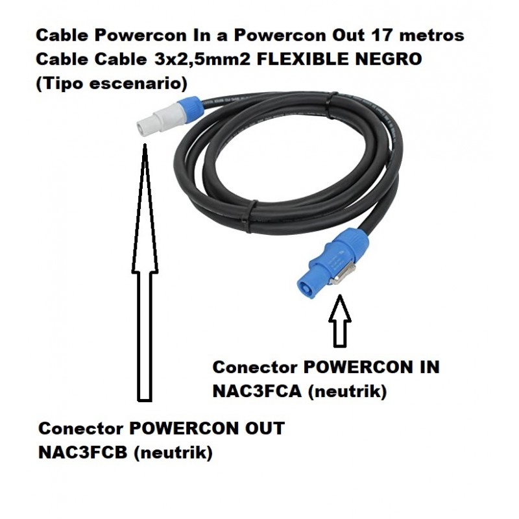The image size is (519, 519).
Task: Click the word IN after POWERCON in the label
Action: pyautogui.click(x=426, y=367)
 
